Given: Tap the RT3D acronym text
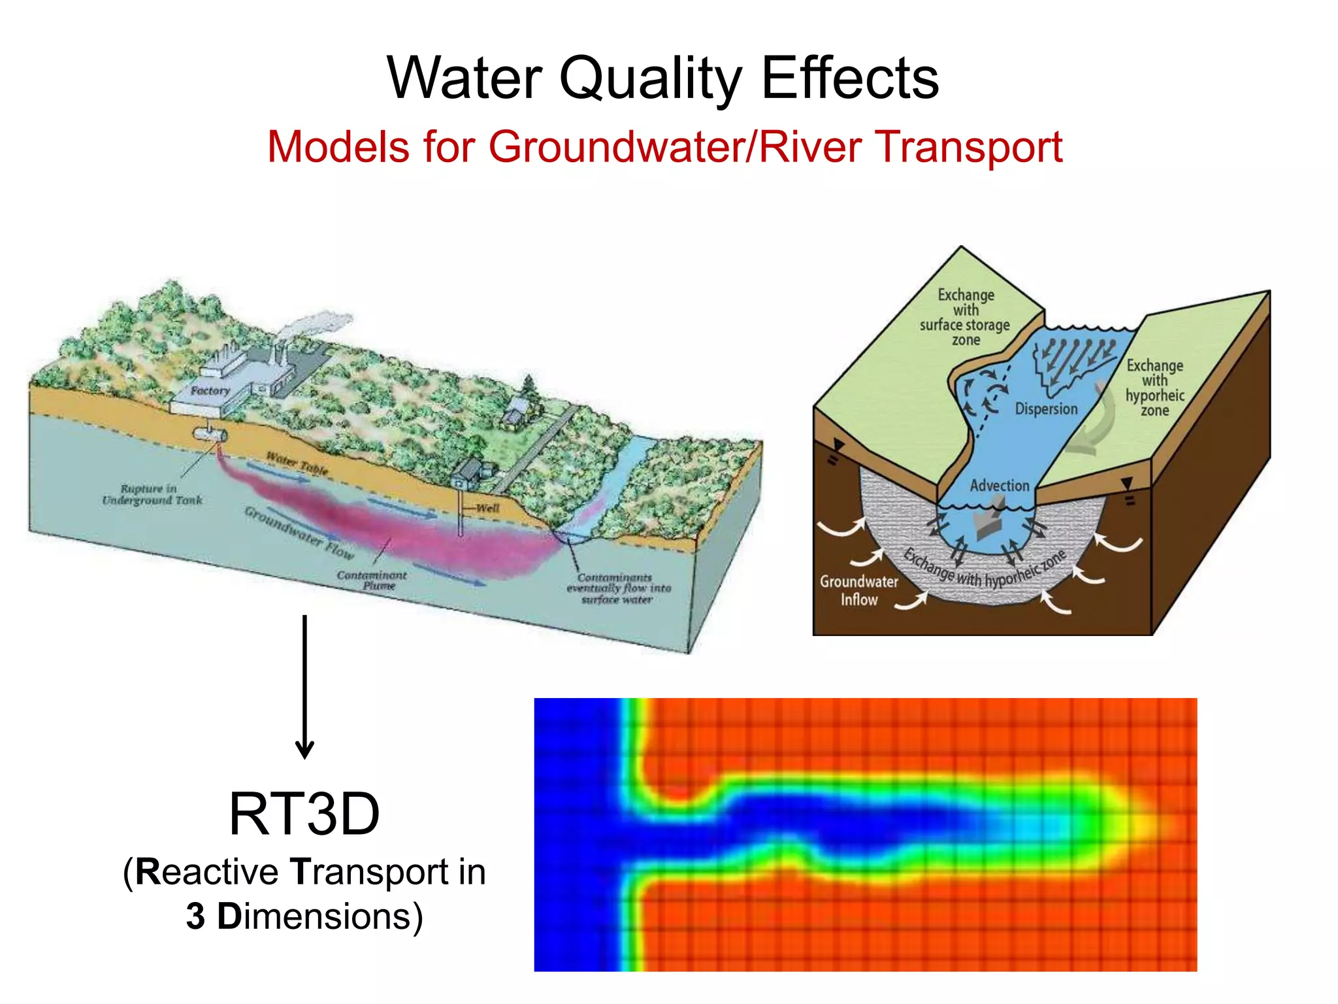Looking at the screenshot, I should coord(304,814).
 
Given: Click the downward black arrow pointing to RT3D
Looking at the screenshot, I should coord(304,686).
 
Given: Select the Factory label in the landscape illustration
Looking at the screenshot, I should coord(210,391).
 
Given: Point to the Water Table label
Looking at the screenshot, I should coord(297,463).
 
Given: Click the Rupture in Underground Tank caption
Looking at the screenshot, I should coord(152,495).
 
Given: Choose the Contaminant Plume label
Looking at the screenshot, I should coord(372,580).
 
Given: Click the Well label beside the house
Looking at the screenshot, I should coord(487,508).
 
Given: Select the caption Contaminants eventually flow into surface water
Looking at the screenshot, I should coord(617,588).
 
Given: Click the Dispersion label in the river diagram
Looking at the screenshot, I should coord(1046,409).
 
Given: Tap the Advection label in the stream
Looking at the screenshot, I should coord(999,486).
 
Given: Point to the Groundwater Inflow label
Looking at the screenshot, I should coord(858,590).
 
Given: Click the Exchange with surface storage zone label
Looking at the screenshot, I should coord(965,317).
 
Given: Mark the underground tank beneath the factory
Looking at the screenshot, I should coord(209,435).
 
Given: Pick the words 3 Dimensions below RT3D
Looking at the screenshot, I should coord(304,916).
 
